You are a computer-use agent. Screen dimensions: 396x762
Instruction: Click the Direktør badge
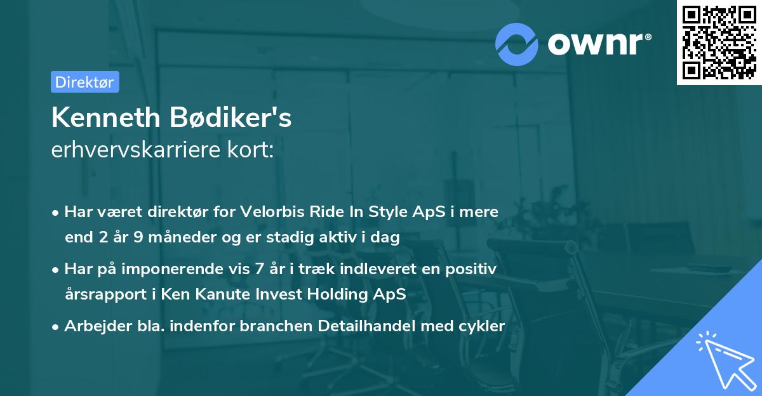[x=84, y=82]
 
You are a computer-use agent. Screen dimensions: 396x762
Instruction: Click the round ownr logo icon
[x=516, y=43]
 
